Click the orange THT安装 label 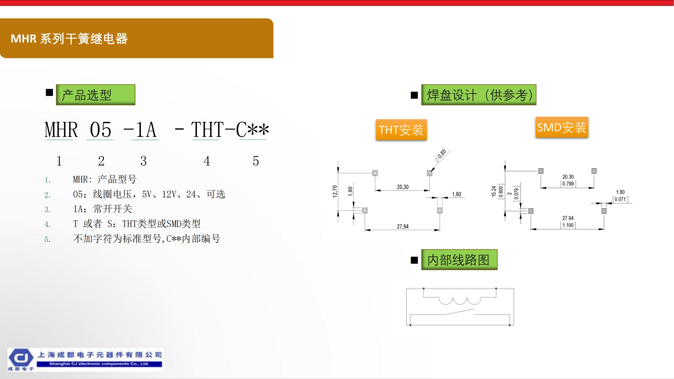click(x=401, y=130)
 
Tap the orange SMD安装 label click(x=562, y=127)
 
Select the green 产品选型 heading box click(x=96, y=95)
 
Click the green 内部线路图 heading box click(x=459, y=260)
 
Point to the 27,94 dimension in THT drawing click(x=403, y=226)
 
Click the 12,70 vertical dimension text click(x=335, y=192)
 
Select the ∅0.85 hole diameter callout click(x=440, y=156)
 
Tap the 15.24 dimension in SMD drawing click(x=494, y=192)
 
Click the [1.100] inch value click(x=568, y=225)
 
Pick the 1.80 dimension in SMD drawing click(x=620, y=192)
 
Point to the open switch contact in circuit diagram click(x=460, y=312)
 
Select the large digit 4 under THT click(x=207, y=161)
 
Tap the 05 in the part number click(x=101, y=130)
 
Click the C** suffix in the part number click(x=252, y=130)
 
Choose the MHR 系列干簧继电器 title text click(x=69, y=39)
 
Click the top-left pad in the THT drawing click(x=375, y=173)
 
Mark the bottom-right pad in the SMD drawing click(x=604, y=211)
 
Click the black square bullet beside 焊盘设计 click(x=414, y=95)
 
